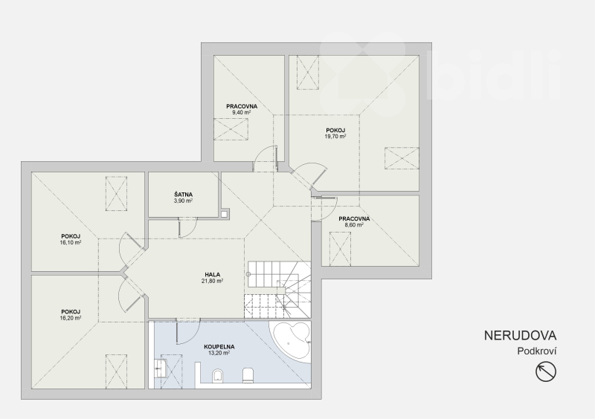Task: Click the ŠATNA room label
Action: click(x=183, y=195)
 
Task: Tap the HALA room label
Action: click(x=213, y=275)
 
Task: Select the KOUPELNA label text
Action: click(x=219, y=347)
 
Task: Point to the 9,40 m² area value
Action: click(x=241, y=112)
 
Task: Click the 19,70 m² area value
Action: click(x=335, y=136)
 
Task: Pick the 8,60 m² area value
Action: click(x=354, y=224)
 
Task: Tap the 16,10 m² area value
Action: click(x=71, y=242)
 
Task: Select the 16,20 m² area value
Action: click(x=71, y=318)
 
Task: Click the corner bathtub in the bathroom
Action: click(x=291, y=340)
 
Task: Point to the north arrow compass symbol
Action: click(x=546, y=371)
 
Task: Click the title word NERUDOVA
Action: click(x=520, y=336)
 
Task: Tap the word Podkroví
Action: click(x=537, y=351)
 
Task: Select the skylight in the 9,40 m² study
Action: click(x=231, y=129)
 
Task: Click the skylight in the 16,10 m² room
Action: click(x=116, y=193)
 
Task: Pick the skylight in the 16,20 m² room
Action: click(x=116, y=371)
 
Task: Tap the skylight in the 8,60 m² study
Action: click(x=340, y=249)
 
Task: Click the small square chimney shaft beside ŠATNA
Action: click(x=225, y=214)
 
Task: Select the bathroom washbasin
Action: click(x=159, y=368)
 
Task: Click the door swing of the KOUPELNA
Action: click(x=188, y=332)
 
